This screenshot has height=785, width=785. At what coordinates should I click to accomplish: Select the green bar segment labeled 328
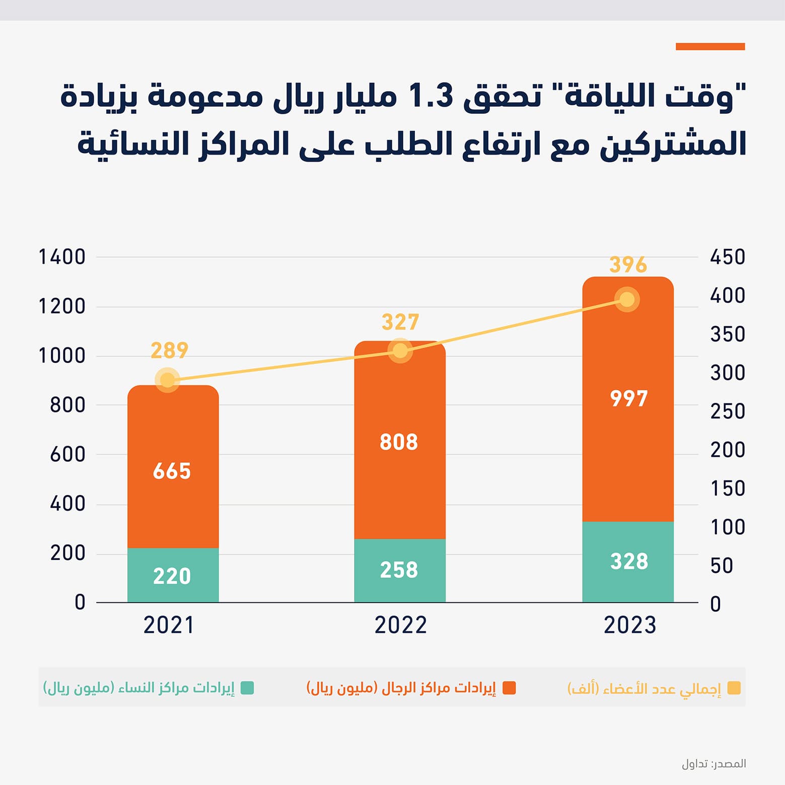click(x=628, y=561)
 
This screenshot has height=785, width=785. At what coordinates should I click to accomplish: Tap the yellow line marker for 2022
click(x=400, y=350)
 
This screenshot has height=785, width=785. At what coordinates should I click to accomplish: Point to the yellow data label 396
click(x=628, y=265)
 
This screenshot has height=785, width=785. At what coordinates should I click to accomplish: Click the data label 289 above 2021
click(x=170, y=350)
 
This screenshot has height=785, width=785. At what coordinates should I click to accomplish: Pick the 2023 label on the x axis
click(x=630, y=625)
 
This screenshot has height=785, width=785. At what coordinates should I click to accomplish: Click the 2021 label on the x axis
click(x=169, y=625)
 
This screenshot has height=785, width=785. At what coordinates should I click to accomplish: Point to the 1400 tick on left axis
click(x=62, y=257)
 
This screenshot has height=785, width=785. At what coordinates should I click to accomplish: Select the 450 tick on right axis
click(x=728, y=257)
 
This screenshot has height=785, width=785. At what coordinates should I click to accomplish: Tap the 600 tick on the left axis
click(x=67, y=455)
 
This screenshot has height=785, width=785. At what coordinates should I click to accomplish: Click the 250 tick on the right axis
click(x=728, y=411)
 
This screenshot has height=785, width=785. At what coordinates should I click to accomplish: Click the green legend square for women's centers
click(x=247, y=688)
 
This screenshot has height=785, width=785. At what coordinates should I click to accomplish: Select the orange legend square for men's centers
click(x=509, y=688)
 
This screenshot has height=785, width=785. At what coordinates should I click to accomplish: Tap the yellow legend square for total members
click(x=734, y=688)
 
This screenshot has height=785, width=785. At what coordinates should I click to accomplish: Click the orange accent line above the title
click(x=710, y=47)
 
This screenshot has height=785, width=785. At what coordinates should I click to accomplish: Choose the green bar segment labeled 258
click(x=400, y=570)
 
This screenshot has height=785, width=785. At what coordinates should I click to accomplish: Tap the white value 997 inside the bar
click(x=628, y=399)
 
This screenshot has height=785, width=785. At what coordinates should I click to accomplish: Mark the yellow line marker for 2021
click(x=167, y=380)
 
